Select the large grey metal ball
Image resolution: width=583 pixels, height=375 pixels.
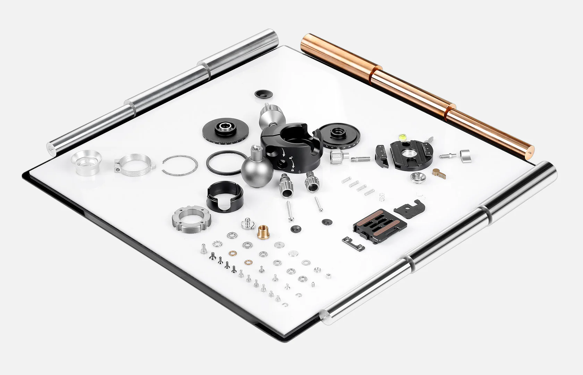pos(257,172)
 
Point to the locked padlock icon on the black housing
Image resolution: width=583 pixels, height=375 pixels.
pos(293,170)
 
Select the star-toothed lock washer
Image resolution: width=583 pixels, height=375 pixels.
pos(218,243)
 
